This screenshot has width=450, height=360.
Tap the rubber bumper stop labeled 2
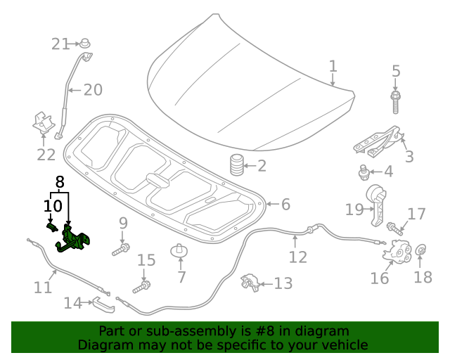pos(237,166)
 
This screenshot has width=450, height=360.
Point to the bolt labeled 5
pos(396,101)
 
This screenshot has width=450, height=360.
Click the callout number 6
pos(285,205)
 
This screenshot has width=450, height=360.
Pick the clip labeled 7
pos(181,252)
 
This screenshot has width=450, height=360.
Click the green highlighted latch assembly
pos(72,238)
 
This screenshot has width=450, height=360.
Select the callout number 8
pos(60,182)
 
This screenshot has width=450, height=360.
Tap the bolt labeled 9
pos(120,249)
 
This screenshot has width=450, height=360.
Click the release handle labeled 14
pos(100,303)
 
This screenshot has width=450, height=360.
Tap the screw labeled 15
pos(143,286)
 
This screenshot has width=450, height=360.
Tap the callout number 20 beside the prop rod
pos(93,90)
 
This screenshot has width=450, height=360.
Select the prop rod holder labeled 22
pos(44,124)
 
